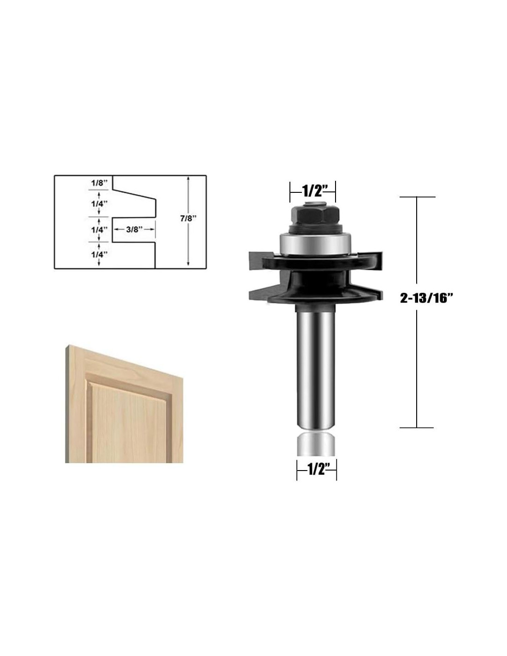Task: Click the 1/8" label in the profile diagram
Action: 99,183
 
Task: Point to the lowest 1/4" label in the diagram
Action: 100,255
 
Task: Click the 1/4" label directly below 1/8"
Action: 100,204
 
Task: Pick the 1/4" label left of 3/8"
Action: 100,230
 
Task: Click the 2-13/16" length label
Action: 427,298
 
